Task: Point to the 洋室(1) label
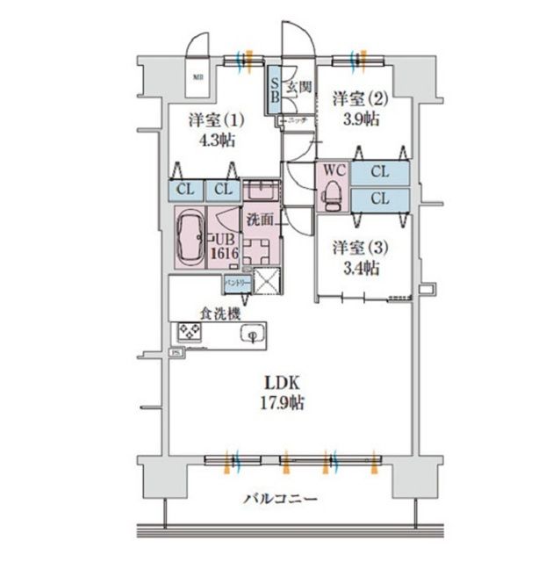pyautogui.click(x=214, y=119)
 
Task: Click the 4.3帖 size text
pyautogui.click(x=215, y=139)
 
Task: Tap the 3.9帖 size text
pyautogui.click(x=360, y=119)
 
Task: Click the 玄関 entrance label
pyautogui.click(x=298, y=88)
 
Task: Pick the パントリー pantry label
pyautogui.click(x=238, y=284)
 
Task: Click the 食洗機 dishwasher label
pyautogui.click(x=221, y=313)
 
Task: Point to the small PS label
pyautogui.click(x=175, y=353)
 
